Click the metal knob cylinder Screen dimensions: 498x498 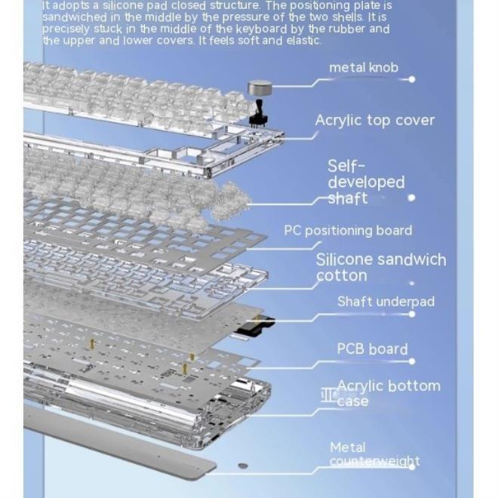(260, 88)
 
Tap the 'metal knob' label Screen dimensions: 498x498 (364, 68)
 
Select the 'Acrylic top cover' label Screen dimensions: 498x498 (375, 121)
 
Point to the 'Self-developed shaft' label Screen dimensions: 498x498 (366, 182)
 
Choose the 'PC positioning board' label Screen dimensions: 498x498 (348, 231)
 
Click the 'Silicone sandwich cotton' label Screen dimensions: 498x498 (381, 267)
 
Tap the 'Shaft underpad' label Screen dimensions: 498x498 (386, 302)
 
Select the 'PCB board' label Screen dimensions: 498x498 (372, 349)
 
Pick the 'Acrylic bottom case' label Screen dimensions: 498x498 (389, 394)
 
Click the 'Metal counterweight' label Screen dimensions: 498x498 (375, 454)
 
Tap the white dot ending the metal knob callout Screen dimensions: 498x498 (412, 79)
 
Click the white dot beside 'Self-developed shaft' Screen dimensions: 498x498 (412, 198)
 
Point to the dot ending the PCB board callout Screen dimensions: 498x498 (412, 361)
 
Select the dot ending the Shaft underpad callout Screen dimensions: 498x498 (412, 314)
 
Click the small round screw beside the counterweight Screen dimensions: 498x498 (243, 466)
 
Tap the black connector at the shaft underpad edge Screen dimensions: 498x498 (255, 327)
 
